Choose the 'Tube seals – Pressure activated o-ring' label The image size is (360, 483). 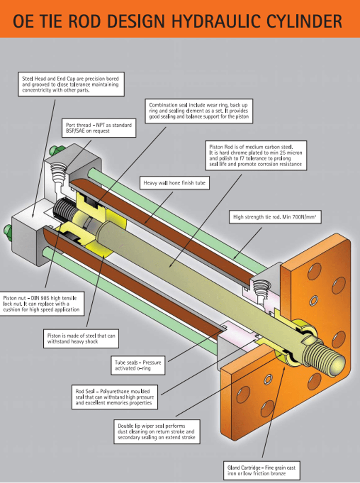pos(138,365)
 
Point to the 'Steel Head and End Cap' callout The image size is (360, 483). pos(71,84)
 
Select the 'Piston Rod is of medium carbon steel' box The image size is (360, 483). pos(255,155)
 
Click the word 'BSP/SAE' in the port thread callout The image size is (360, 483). pos(77,131)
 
